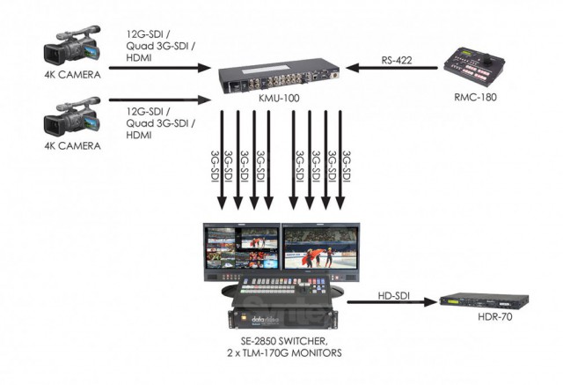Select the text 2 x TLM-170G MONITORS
[x=282, y=355]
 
